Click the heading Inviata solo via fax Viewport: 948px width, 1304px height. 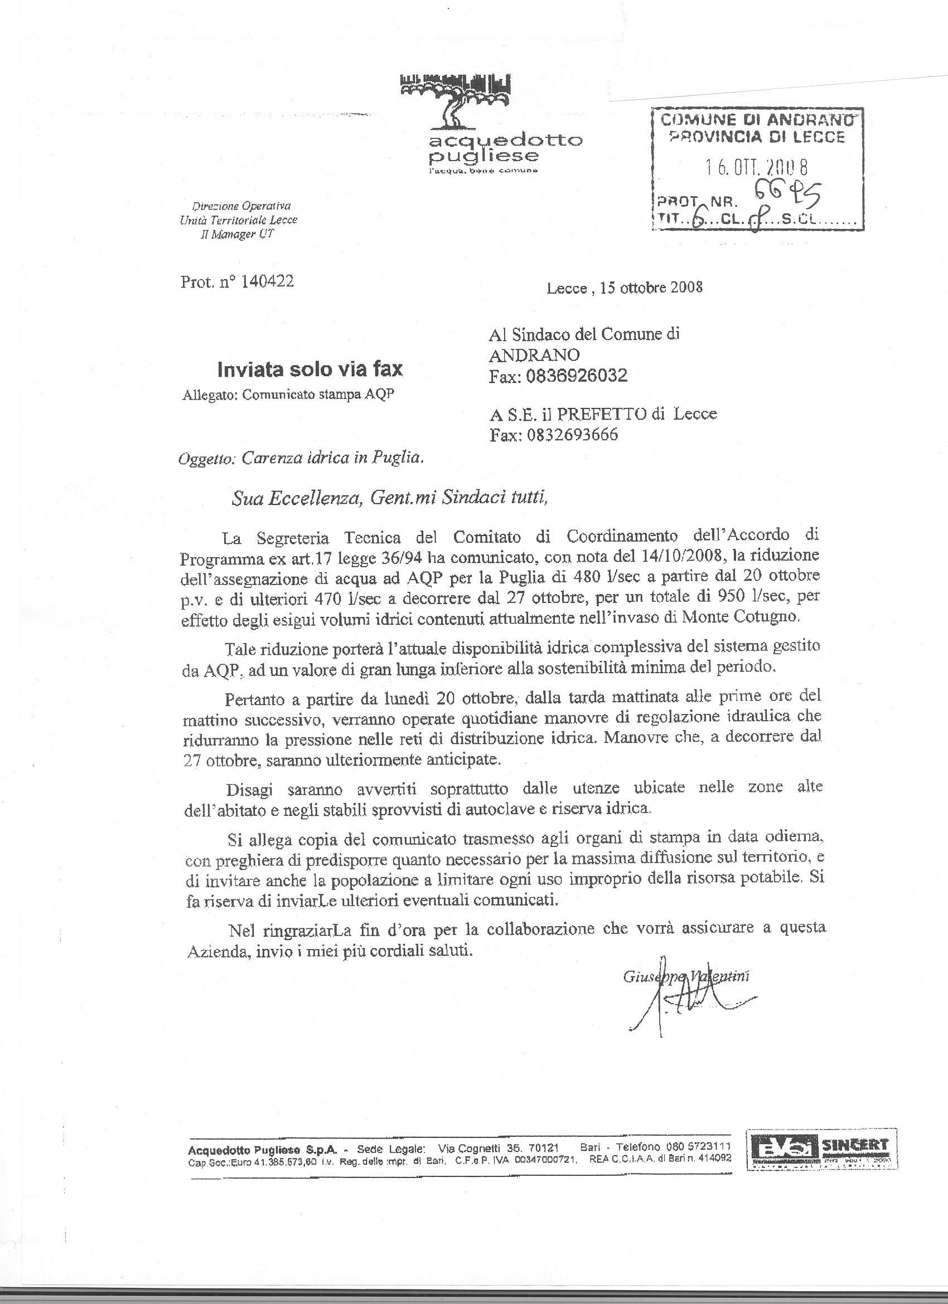point(310,369)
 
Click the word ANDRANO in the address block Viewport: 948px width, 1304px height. point(534,355)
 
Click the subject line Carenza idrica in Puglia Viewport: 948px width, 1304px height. point(332,458)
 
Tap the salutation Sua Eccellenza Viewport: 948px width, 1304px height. point(297,498)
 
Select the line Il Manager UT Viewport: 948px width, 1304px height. point(237,234)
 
